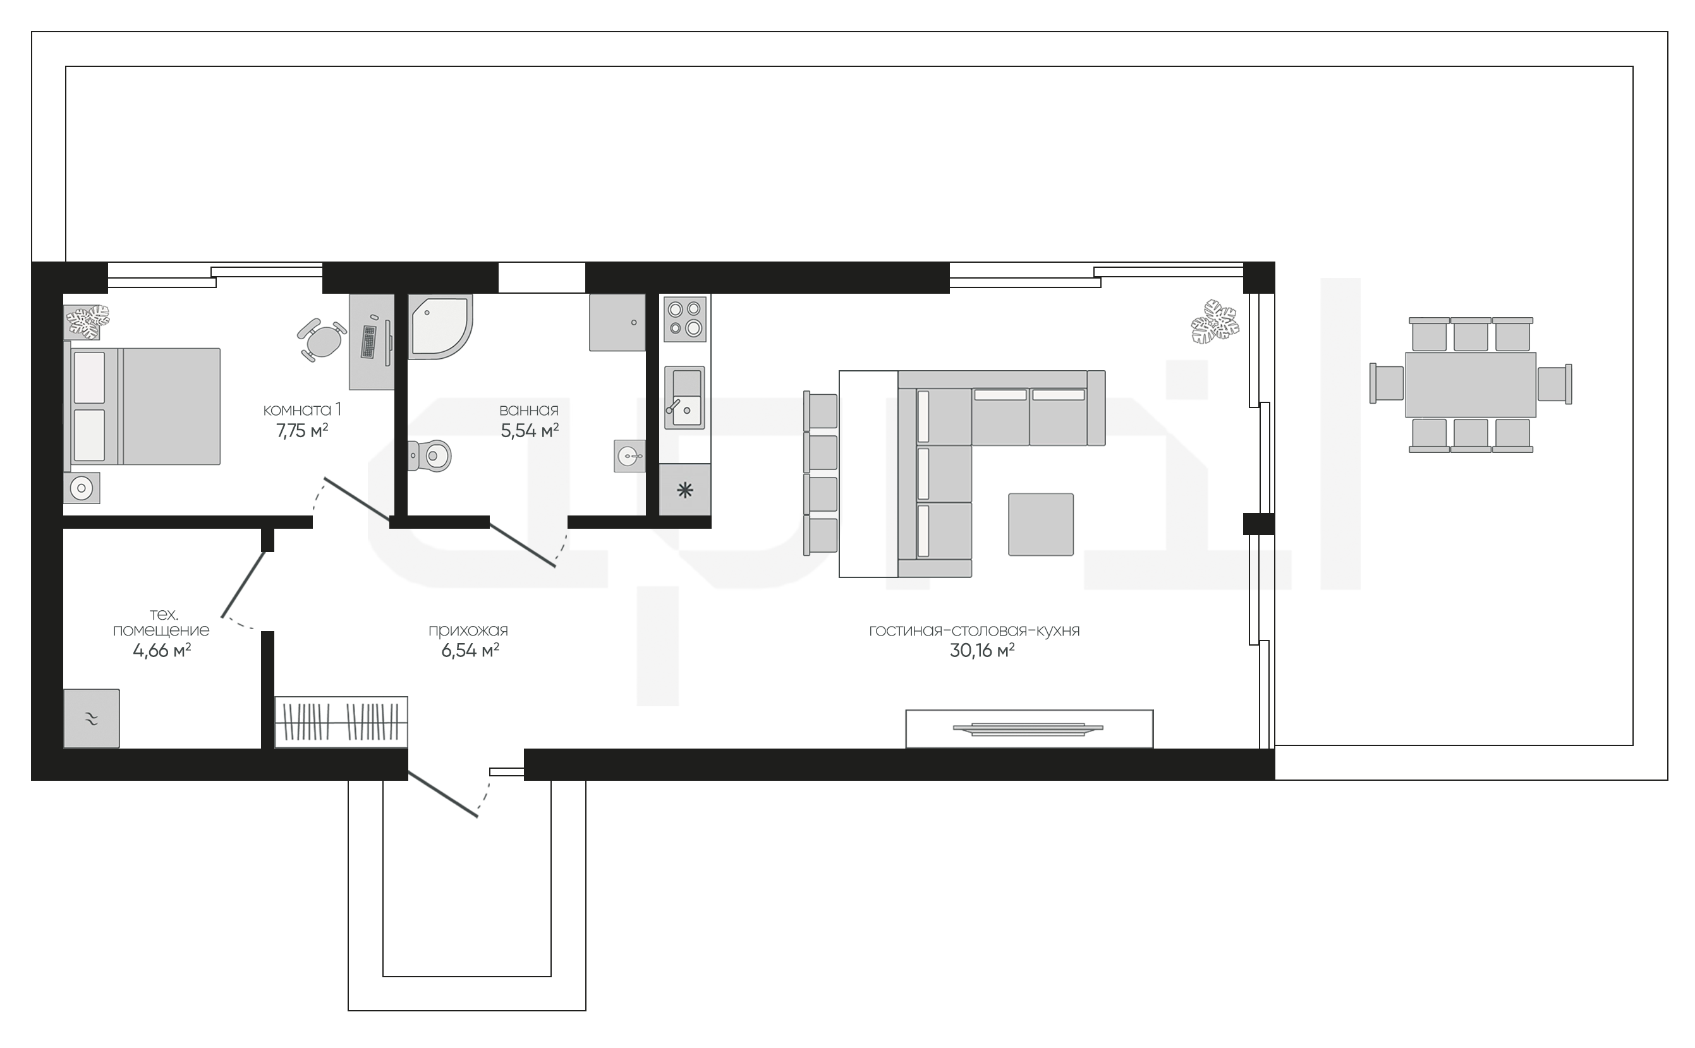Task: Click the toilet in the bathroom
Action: (x=430, y=456)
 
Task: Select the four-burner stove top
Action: (x=685, y=319)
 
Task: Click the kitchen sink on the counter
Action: (x=685, y=397)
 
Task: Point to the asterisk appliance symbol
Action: (x=685, y=491)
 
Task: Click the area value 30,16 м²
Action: (x=981, y=651)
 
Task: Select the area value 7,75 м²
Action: (x=302, y=431)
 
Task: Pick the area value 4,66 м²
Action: (x=162, y=651)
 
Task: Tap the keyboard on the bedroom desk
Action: (x=369, y=341)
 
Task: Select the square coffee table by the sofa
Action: (x=1040, y=524)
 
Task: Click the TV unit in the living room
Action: (x=1030, y=728)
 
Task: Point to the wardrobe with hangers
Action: (x=341, y=722)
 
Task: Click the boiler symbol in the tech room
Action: (x=92, y=719)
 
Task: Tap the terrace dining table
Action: (x=1471, y=385)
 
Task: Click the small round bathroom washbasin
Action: (x=629, y=456)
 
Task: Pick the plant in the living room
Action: (x=1215, y=322)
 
